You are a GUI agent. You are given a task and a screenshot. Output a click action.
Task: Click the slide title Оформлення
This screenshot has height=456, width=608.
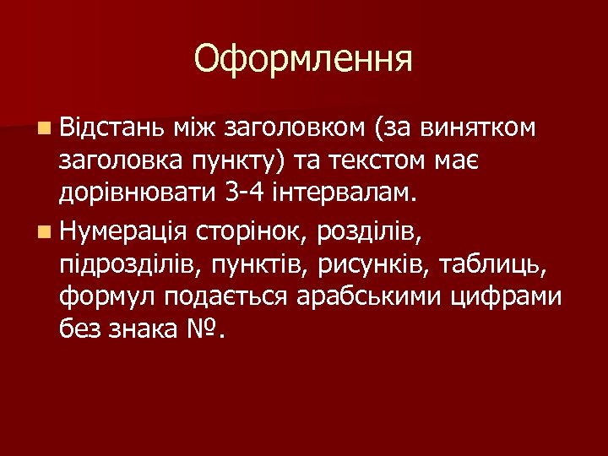303,60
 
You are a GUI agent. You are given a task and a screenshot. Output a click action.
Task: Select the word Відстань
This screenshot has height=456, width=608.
110,128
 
